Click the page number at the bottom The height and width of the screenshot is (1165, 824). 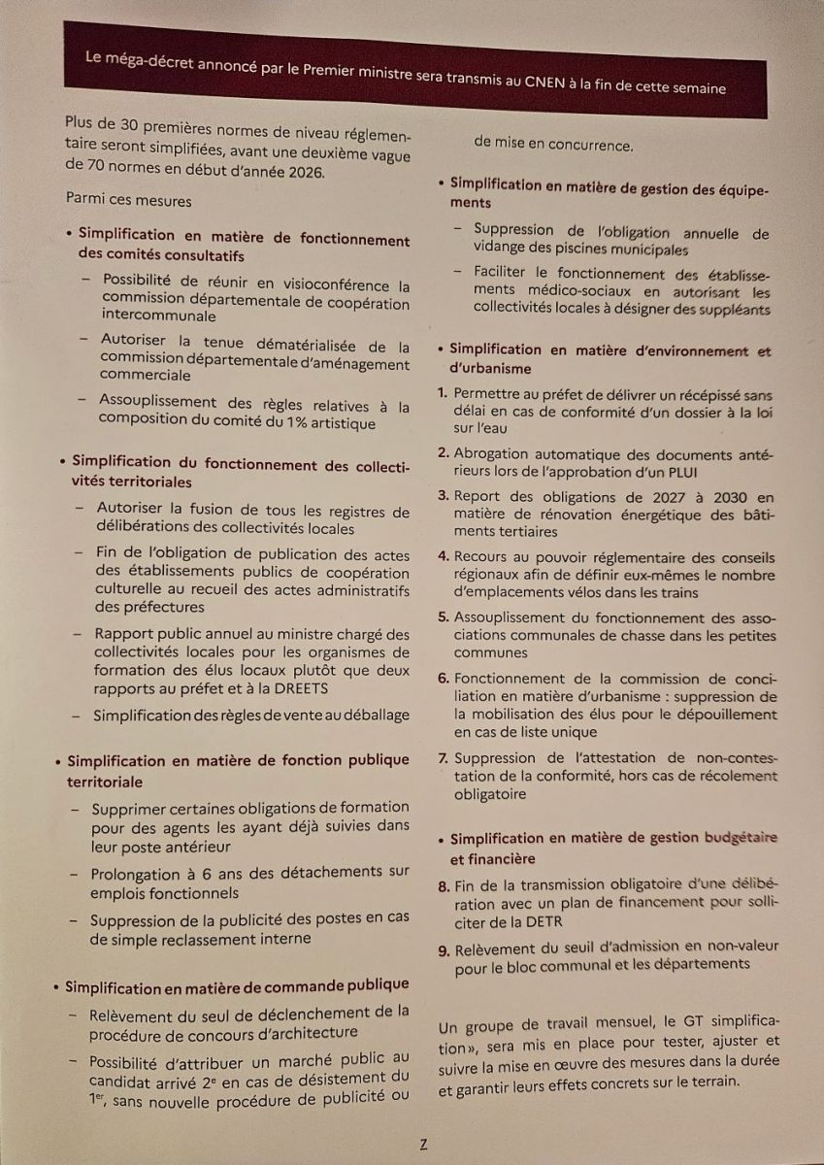tap(423, 1144)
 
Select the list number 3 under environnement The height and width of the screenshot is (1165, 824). tap(443, 497)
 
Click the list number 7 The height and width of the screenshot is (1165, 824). tap(443, 758)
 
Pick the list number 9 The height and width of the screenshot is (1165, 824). tap(443, 947)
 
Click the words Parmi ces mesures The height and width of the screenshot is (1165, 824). tap(128, 200)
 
